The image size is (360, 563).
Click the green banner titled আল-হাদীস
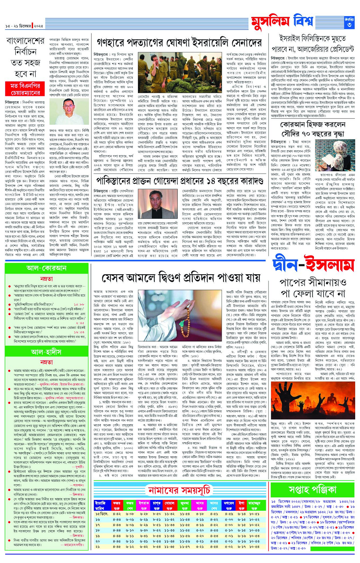(46, 352)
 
